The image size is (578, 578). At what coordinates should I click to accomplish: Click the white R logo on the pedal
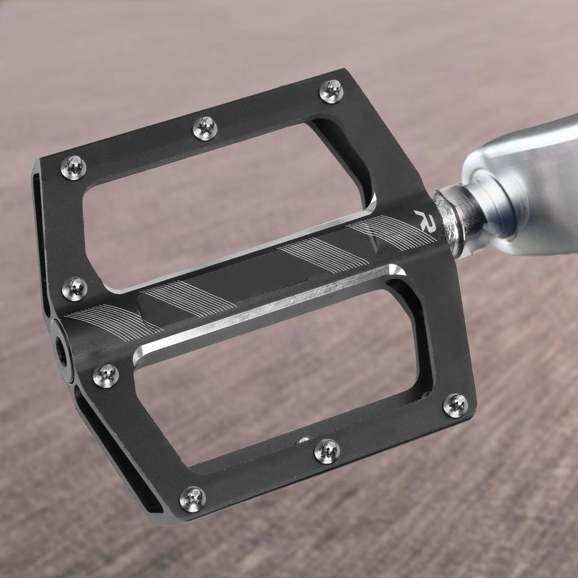tap(424, 219)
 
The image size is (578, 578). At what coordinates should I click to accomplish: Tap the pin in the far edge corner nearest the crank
tap(331, 91)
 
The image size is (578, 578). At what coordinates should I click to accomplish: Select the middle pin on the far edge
tap(205, 128)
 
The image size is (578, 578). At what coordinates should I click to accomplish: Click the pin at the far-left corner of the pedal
tap(73, 168)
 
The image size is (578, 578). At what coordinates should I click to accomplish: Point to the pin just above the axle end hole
tap(75, 288)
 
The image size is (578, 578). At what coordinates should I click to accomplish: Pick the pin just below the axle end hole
tap(106, 375)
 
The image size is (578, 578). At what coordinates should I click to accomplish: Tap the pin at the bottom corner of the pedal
tap(192, 498)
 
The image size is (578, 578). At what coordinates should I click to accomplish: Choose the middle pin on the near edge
tap(327, 451)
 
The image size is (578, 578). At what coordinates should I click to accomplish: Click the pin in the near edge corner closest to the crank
tap(455, 405)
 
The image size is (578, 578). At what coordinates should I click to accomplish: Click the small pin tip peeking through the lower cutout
tap(304, 440)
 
